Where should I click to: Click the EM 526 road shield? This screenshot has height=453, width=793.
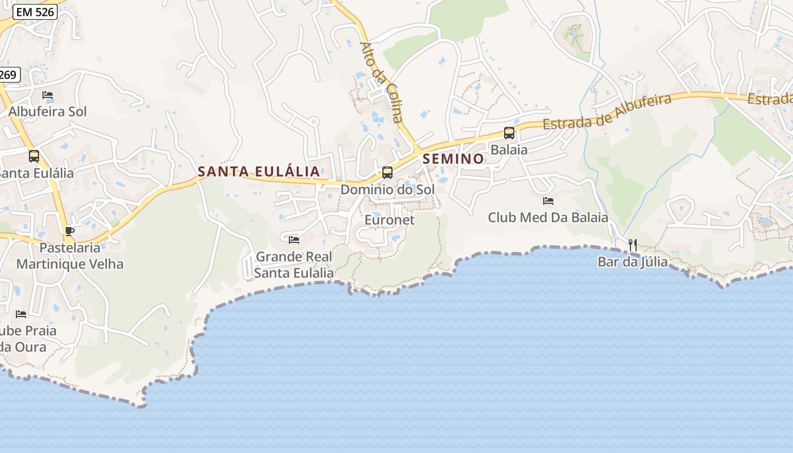pos(35,11)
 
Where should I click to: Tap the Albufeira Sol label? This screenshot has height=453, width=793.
pos(48,112)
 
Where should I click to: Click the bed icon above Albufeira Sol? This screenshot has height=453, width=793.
pos(48,95)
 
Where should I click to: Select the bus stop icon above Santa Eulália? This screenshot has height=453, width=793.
pos(34,156)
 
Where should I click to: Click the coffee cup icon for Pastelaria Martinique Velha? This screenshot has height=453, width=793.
pos(70,231)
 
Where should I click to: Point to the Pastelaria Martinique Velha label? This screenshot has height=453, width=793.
pos(70,256)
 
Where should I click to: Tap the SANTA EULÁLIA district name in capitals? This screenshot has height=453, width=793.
pos(258,171)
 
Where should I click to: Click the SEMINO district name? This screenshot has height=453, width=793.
pos(453,159)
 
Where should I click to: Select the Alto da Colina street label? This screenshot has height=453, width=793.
pos(382,82)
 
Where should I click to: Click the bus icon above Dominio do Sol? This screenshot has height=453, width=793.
pos(387,173)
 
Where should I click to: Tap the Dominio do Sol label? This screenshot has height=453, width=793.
pos(387,190)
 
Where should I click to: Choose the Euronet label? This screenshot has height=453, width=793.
pos(390,220)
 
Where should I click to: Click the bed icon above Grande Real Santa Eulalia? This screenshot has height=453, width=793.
pos(294,240)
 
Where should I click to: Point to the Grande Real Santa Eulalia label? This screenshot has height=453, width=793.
pos(294,265)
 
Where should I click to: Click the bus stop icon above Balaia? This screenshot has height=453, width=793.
pos(509,133)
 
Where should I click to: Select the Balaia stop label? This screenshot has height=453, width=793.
pos(509,150)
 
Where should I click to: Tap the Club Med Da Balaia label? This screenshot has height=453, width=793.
pos(548,217)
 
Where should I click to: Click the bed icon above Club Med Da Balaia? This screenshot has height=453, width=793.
pos(548,201)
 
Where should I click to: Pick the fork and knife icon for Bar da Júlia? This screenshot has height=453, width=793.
pos(633,245)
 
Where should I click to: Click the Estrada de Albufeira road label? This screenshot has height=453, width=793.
pos(607,112)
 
